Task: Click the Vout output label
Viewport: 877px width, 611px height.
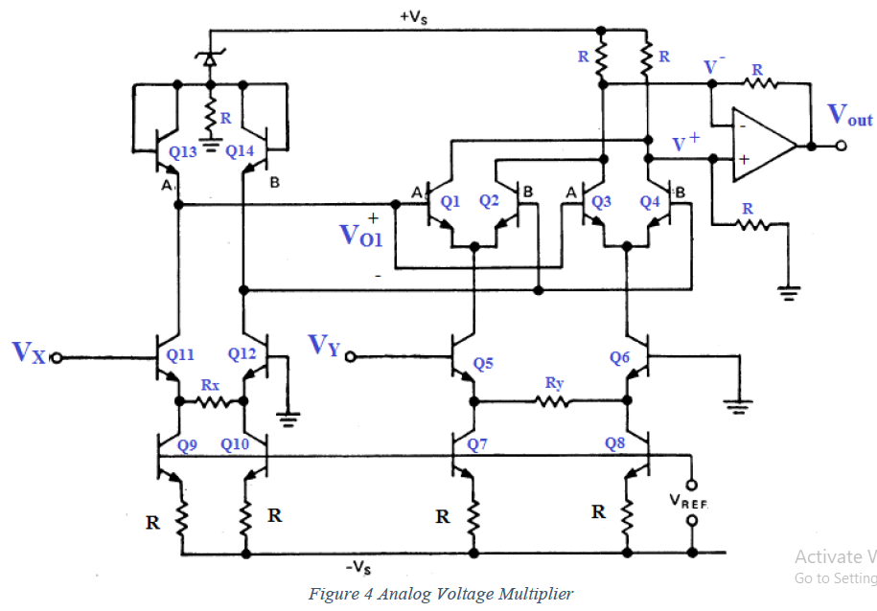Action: (849, 116)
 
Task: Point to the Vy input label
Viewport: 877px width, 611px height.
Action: (324, 345)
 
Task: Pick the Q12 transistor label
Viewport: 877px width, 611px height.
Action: (243, 353)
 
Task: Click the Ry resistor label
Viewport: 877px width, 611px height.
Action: (553, 383)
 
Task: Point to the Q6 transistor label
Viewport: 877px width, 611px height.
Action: (620, 356)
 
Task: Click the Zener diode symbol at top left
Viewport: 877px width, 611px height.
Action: (209, 58)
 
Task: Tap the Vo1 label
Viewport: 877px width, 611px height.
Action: (362, 234)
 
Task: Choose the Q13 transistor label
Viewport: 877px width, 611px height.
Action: (183, 150)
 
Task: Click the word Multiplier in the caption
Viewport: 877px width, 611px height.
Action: (531, 594)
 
